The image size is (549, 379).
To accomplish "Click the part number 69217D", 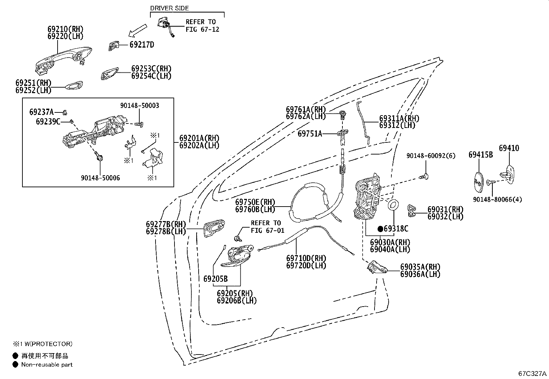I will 141,44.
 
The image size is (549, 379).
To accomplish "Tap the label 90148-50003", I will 140,106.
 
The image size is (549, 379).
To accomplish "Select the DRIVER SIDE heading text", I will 169,8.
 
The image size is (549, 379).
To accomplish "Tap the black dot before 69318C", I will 380,229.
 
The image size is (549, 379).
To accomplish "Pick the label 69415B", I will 480,155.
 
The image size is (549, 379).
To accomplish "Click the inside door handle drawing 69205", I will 238,256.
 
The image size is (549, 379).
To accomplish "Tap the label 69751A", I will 310,133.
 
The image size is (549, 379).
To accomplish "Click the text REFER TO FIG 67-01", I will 266,227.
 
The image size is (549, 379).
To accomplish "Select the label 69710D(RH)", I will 306,258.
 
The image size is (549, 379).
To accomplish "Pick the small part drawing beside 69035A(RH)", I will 377,267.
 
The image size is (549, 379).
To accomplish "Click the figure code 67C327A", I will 532,373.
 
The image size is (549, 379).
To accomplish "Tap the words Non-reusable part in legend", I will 47,365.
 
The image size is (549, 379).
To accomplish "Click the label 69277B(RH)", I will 166,224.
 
